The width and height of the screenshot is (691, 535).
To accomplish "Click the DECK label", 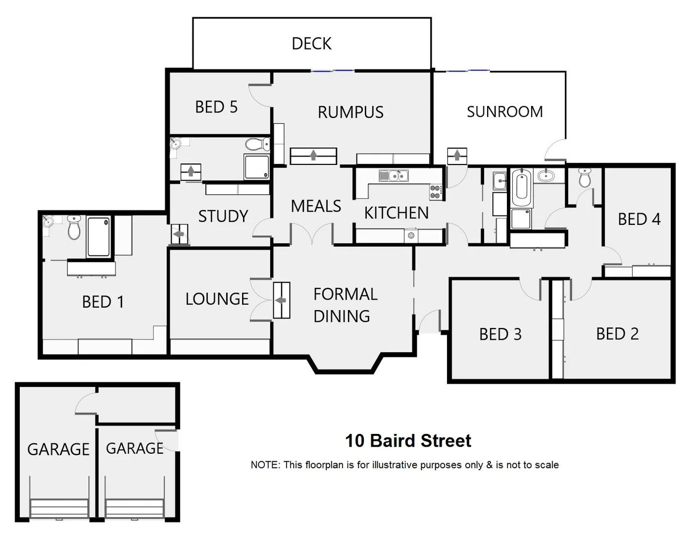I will (311, 44).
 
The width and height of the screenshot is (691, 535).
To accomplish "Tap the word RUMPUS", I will (350, 112).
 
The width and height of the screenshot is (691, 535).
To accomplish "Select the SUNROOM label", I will (504, 112).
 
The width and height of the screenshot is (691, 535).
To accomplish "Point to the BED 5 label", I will (216, 107).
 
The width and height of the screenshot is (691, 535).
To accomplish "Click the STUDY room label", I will (223, 216).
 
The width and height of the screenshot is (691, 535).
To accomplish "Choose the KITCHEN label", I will (396, 213).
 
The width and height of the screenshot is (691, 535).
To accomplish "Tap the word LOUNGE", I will (217, 299).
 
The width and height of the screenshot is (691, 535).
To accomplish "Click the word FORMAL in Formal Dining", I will (345, 294).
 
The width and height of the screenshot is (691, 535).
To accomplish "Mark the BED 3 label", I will (500, 334).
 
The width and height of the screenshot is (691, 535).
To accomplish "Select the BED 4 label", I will (639, 219).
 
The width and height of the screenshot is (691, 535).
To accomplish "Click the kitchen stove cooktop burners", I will (435, 192).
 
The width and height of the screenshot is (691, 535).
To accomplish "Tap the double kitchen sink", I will (394, 175).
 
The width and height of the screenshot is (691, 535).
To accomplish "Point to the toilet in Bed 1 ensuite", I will (74, 227).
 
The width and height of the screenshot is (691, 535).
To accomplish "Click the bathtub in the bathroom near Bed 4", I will (521, 188).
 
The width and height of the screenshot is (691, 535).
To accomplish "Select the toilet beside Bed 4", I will (585, 177).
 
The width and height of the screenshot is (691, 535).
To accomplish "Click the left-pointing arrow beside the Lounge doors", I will (281, 300).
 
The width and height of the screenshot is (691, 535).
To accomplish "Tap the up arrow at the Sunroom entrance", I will (456, 156).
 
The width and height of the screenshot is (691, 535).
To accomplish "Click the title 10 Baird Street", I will (408, 440).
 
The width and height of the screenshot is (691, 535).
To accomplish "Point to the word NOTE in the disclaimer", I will (265, 465).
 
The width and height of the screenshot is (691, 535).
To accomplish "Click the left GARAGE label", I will (58, 449).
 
